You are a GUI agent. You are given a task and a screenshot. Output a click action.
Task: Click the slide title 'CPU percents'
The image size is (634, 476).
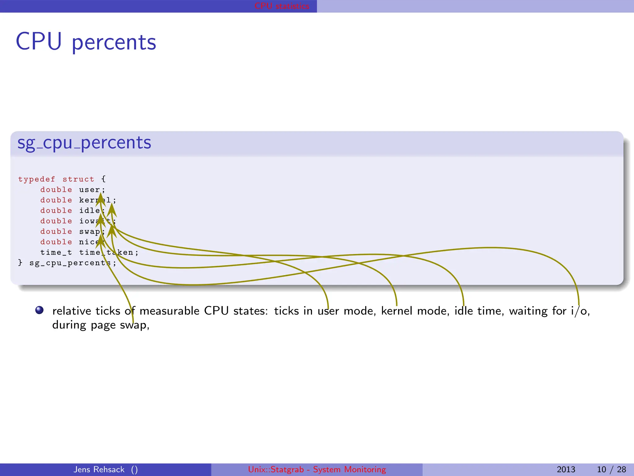click(x=86, y=42)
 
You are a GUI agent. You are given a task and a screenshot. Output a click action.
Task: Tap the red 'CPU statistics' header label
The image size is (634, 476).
click(x=282, y=6)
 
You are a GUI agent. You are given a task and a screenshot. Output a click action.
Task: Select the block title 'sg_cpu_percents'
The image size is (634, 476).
click(x=84, y=143)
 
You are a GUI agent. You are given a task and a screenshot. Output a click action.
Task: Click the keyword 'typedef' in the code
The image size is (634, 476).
click(x=37, y=179)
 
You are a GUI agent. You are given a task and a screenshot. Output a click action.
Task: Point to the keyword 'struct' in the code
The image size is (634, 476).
click(x=78, y=179)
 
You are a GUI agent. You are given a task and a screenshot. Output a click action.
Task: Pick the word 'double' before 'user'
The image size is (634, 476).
click(x=56, y=190)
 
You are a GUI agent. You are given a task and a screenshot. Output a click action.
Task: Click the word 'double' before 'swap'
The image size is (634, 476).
click(x=56, y=231)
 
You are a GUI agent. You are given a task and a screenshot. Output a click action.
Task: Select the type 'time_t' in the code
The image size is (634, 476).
click(x=56, y=253)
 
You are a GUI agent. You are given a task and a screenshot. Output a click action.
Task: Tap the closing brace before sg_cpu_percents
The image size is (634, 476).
click(x=20, y=263)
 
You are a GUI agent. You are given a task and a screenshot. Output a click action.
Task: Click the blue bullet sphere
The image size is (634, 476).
click(x=39, y=310)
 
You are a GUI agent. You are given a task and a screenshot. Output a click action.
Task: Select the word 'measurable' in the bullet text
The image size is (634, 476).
click(x=169, y=311)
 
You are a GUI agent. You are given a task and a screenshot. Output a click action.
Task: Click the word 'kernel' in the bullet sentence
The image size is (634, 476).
click(x=397, y=311)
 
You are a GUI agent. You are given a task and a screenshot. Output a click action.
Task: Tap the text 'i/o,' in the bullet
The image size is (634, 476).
click(x=580, y=311)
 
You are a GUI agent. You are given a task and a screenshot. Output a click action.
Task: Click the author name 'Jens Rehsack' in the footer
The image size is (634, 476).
click(x=99, y=469)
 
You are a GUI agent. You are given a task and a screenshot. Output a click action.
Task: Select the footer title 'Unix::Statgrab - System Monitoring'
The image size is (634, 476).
click(x=317, y=469)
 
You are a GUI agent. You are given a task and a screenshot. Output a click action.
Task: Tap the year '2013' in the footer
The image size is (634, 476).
click(x=566, y=469)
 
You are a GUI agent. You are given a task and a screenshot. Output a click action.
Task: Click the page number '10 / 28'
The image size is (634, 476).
click(x=611, y=469)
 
